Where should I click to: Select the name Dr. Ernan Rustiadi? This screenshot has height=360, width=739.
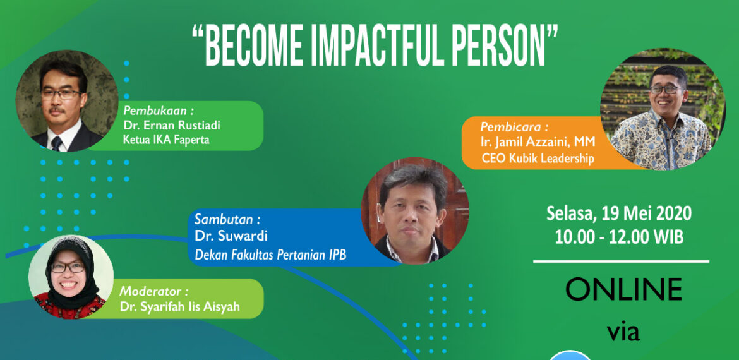[x=172, y=125]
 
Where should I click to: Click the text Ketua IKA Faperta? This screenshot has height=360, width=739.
[x=165, y=140]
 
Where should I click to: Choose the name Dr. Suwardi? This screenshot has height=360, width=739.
[x=231, y=236]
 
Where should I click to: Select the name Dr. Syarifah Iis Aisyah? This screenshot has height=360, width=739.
[x=182, y=308]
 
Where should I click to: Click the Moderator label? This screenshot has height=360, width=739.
[x=153, y=292]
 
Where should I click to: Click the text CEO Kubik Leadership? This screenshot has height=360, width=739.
[x=538, y=159]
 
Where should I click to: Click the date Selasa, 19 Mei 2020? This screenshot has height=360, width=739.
[x=619, y=213]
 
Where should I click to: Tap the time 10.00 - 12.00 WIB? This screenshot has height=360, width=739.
[x=619, y=237]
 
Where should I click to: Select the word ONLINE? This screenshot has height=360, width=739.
[x=623, y=289]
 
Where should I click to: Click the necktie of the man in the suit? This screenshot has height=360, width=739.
[x=57, y=143]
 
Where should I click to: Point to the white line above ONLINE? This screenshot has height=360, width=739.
[x=621, y=261]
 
